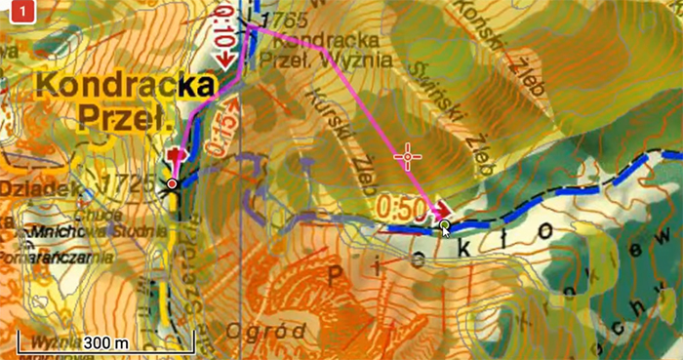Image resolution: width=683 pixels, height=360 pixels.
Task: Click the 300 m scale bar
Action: pos(106,343)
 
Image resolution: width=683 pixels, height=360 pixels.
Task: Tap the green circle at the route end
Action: pos(445,227)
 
